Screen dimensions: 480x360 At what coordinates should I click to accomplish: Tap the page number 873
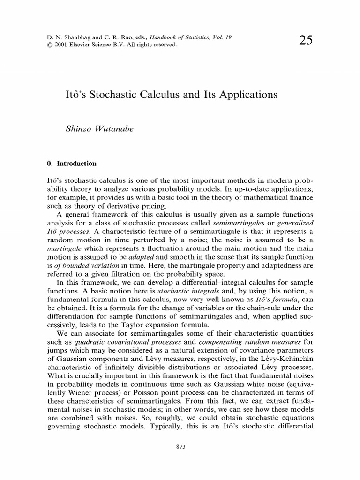click(180, 447)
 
